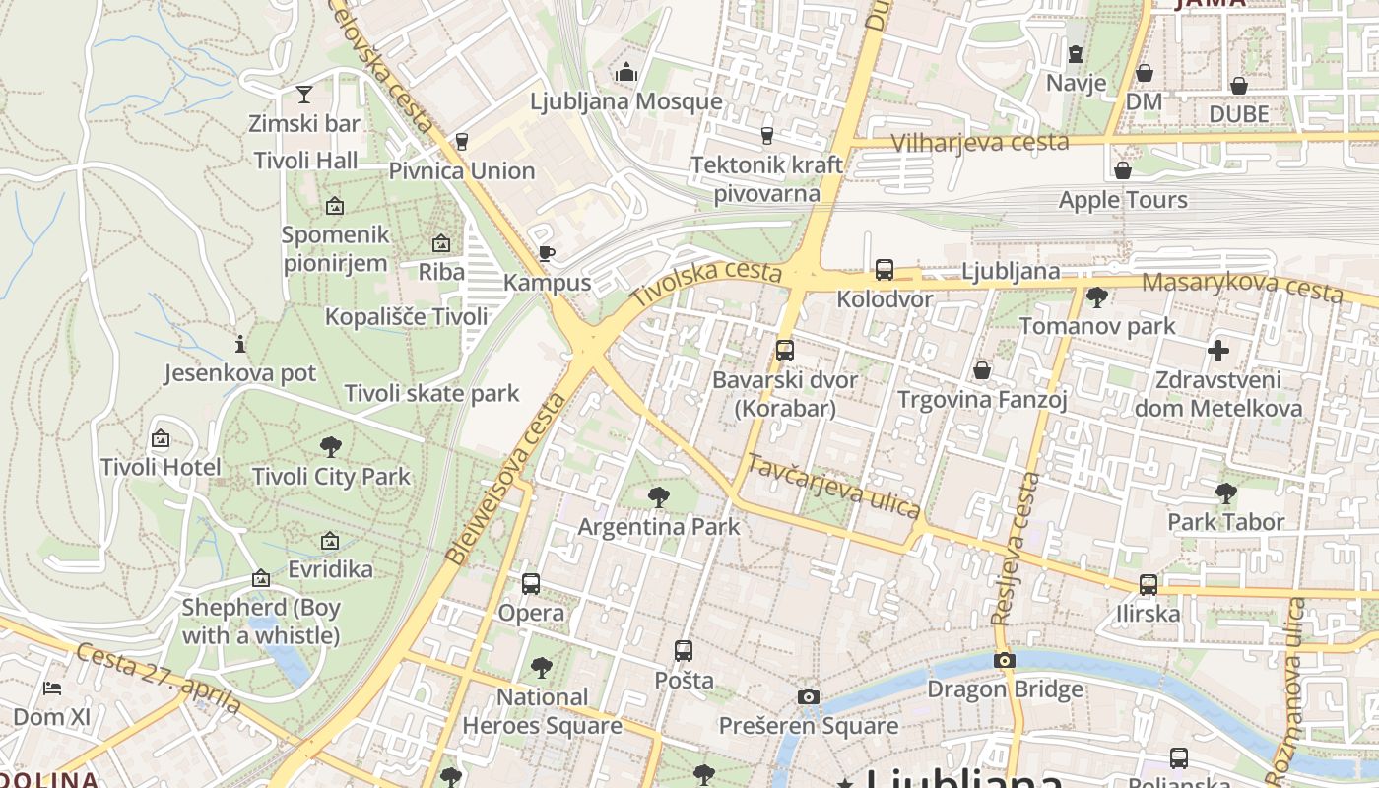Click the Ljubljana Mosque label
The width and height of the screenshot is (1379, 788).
tap(625, 101)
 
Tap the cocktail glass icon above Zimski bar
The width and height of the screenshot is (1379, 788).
tap(304, 95)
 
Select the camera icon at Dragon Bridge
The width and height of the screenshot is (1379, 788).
tap(1004, 660)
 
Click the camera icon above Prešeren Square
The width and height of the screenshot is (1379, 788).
tap(808, 697)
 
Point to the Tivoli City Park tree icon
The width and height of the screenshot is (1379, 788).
tap(331, 447)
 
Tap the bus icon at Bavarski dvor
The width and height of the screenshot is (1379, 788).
tap(785, 350)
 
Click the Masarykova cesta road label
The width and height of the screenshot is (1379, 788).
tap(1241, 287)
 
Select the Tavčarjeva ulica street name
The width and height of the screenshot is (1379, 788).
tap(833, 486)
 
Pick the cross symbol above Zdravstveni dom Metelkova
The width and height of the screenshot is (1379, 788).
tap(1218, 351)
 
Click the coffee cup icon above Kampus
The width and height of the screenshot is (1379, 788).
tap(546, 254)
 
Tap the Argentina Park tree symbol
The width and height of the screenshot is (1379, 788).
tap(659, 497)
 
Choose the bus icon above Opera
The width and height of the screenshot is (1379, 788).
tap(531, 584)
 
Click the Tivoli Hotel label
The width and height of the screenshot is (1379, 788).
tap(161, 466)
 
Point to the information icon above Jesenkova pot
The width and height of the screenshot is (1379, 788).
tap(239, 344)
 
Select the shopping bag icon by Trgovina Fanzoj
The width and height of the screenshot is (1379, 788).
tap(982, 370)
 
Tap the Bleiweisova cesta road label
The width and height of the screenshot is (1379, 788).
tap(506, 480)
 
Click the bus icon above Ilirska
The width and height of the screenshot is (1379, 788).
tap(1148, 584)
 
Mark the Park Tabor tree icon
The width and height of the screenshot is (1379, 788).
tap(1225, 492)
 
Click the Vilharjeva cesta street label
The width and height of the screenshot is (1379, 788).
tap(979, 142)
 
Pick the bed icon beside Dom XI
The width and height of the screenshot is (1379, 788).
tap(52, 688)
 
